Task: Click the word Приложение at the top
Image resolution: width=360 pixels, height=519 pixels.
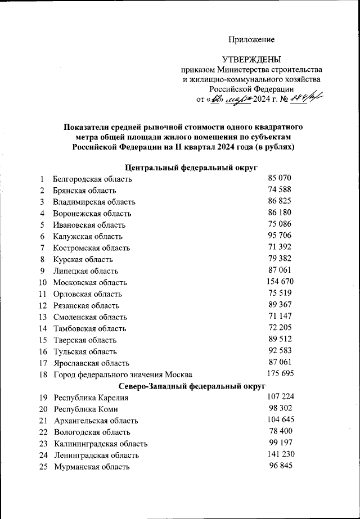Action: coord(251,39)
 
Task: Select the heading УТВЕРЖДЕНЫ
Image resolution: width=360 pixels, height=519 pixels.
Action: coord(251,59)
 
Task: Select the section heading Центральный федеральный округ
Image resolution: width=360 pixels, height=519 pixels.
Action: coord(191,168)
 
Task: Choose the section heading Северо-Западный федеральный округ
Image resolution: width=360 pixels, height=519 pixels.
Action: coord(191,386)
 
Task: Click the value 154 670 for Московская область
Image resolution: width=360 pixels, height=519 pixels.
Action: coord(280,282)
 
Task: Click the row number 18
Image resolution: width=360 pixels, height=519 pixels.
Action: coord(43,374)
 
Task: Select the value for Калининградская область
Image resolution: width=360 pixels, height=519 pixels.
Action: coord(280,443)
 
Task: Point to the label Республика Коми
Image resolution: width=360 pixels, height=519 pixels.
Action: coord(85,409)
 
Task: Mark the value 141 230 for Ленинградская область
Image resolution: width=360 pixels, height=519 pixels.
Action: coord(280,454)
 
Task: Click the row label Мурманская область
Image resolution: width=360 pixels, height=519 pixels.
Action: coord(92,467)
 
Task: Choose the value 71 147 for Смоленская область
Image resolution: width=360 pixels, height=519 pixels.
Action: coord(280,316)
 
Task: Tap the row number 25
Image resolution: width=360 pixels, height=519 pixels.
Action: coord(43,467)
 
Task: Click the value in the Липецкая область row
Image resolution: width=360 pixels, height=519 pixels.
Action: coord(280,270)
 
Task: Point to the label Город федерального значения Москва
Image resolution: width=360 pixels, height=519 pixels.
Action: coord(123,374)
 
